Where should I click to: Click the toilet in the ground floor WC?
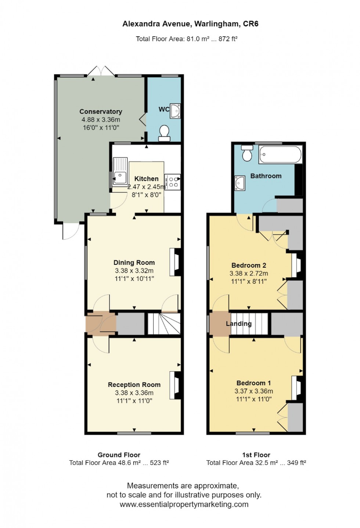click(x=164, y=133)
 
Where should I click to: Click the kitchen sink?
click(x=120, y=177)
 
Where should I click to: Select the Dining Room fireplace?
click(x=175, y=262)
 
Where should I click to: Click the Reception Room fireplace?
click(x=175, y=385)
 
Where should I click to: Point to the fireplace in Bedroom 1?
click(x=297, y=388)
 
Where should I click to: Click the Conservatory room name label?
click(x=101, y=112)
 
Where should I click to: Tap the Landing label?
click(x=239, y=323)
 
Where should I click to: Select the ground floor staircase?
click(x=164, y=323)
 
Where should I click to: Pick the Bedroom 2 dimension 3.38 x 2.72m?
click(x=249, y=273)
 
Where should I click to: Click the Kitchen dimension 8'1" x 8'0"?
click(x=146, y=195)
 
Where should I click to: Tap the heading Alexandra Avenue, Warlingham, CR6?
click(x=190, y=24)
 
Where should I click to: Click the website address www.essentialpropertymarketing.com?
click(x=184, y=504)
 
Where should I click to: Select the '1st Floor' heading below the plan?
click(x=256, y=455)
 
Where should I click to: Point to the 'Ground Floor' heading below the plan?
click(x=119, y=455)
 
